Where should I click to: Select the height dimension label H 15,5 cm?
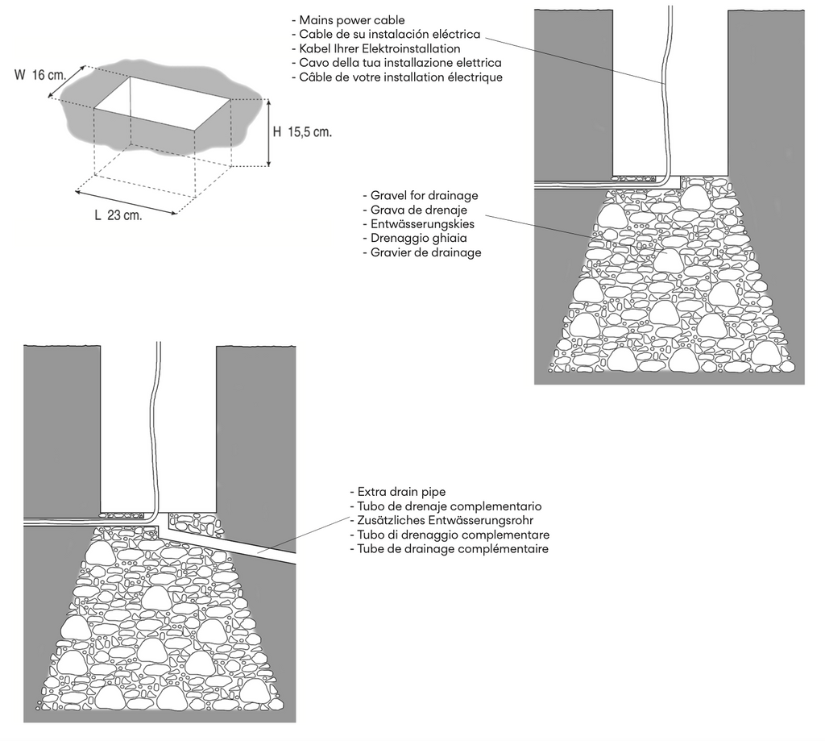[x=302, y=133]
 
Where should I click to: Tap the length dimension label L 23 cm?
[x=118, y=215]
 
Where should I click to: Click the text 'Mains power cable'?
[x=347, y=20]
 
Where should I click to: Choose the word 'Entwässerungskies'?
[x=419, y=224]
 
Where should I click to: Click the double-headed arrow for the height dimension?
[x=268, y=132]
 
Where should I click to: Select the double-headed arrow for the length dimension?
[x=125, y=202]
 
